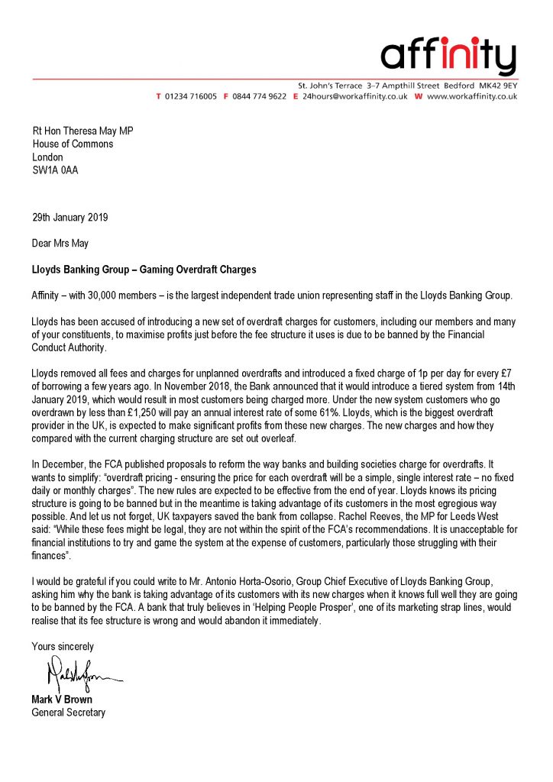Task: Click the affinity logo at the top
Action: pos(448,55)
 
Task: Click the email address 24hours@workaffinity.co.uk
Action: pos(354,97)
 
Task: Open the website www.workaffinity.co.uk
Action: pos(471,97)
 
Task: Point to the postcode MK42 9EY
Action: pos(498,83)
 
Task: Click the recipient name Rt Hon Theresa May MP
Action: pos(82,131)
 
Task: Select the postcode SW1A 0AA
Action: pos(55,170)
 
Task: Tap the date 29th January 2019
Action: pos(70,217)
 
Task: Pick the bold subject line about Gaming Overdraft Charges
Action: pos(144,270)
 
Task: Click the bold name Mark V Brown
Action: pos(63,700)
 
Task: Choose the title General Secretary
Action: pos(69,713)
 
